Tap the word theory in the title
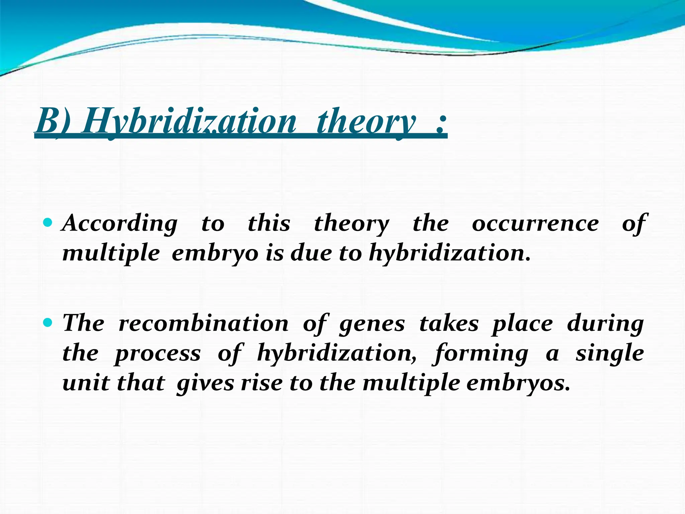click(367, 121)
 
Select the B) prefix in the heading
click(54, 121)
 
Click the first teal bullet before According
click(48, 222)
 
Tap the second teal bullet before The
click(48, 323)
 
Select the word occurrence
click(535, 224)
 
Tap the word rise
click(262, 383)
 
